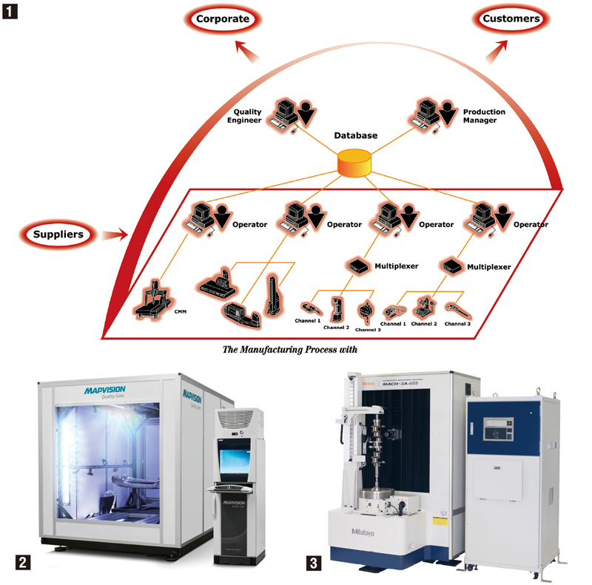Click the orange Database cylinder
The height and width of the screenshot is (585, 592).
coord(354,163)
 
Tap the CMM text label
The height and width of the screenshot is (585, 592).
coord(180,311)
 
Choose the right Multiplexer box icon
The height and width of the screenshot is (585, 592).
coord(452,264)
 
